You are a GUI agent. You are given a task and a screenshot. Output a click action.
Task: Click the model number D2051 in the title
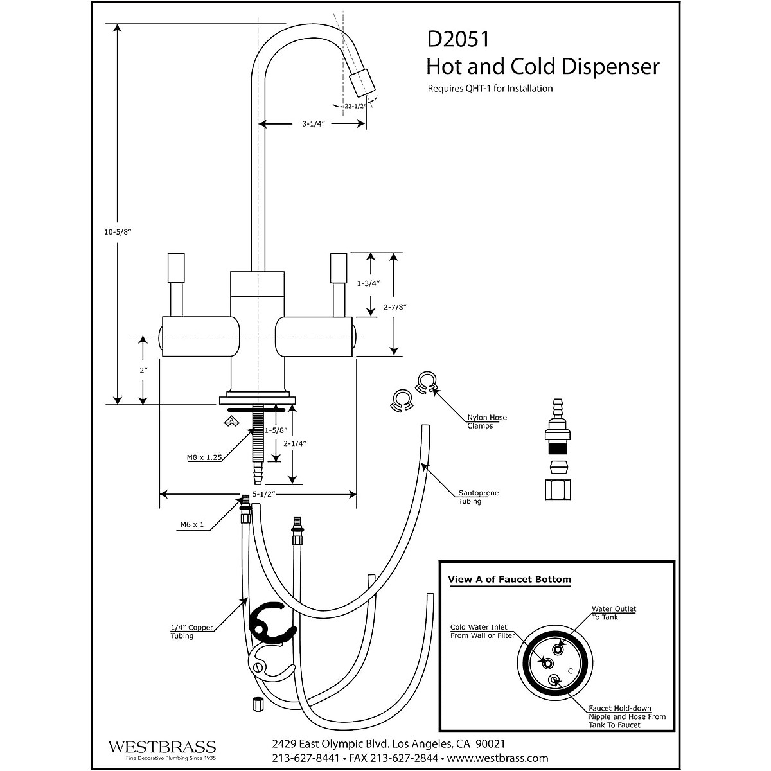pyautogui.click(x=458, y=40)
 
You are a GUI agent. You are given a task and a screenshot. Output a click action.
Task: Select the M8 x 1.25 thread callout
pyautogui.click(x=200, y=457)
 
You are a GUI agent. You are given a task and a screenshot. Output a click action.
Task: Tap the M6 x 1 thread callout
pyautogui.click(x=192, y=525)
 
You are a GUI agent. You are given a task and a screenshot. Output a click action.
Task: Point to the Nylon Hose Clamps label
pyautogui.click(x=486, y=421)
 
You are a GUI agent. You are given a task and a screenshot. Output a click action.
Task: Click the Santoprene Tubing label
pyautogui.click(x=478, y=497)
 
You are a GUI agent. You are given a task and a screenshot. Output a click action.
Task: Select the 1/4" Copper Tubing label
pyautogui.click(x=191, y=632)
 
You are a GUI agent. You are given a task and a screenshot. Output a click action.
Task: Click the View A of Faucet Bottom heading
pyautogui.click(x=509, y=579)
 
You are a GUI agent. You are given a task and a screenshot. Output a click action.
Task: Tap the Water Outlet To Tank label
pyautogui.click(x=614, y=612)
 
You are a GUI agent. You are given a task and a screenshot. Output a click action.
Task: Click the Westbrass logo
pyautogui.click(x=161, y=748)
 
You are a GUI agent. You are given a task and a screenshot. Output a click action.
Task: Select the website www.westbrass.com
pyautogui.click(x=498, y=758)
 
